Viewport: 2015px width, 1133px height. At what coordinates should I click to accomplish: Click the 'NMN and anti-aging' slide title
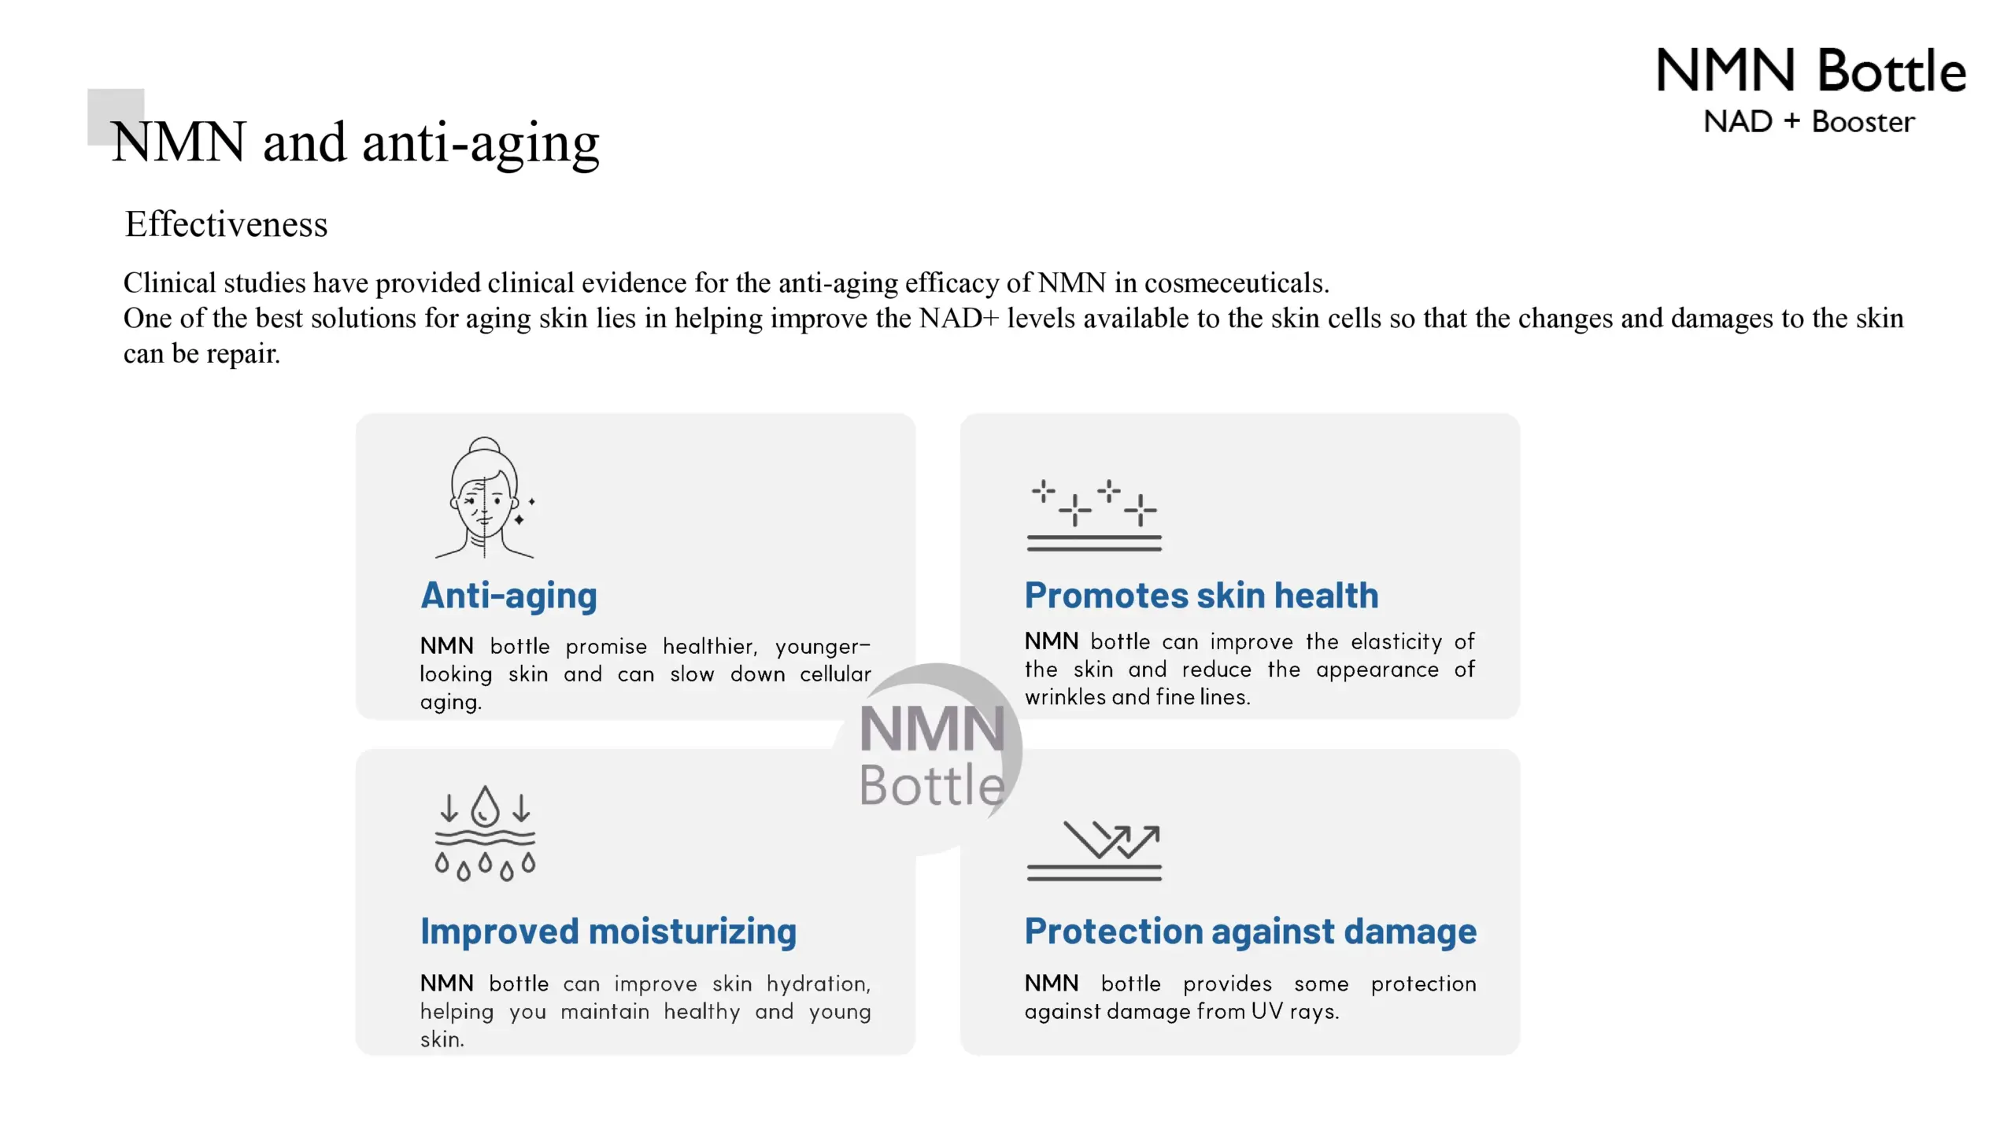[x=356, y=143]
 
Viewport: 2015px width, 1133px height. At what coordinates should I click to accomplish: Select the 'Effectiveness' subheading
[x=226, y=224]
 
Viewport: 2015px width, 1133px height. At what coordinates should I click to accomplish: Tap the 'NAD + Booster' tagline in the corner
[x=1809, y=122]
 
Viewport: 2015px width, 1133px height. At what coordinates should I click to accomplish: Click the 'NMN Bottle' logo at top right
[x=1811, y=71]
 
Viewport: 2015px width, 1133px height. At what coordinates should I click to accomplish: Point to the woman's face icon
[x=485, y=497]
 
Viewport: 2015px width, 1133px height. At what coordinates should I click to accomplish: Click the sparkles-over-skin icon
[x=1094, y=515]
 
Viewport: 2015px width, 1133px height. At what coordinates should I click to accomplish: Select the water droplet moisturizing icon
[x=485, y=832]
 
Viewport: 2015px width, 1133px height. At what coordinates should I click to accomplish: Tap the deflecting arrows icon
[x=1094, y=851]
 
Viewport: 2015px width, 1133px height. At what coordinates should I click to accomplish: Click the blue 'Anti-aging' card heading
[x=509, y=596]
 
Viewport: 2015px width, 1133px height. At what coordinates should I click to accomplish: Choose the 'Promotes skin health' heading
[x=1201, y=596]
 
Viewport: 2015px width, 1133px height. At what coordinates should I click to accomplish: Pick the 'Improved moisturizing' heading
[x=608, y=932]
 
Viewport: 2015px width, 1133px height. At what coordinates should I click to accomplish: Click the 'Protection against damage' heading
[x=1251, y=932]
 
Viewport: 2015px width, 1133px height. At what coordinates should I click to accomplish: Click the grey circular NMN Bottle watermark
[x=933, y=755]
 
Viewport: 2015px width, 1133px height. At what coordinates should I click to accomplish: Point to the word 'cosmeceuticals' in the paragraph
[x=1237, y=282]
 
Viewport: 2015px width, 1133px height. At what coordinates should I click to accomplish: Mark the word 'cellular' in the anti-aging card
[x=836, y=674]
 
